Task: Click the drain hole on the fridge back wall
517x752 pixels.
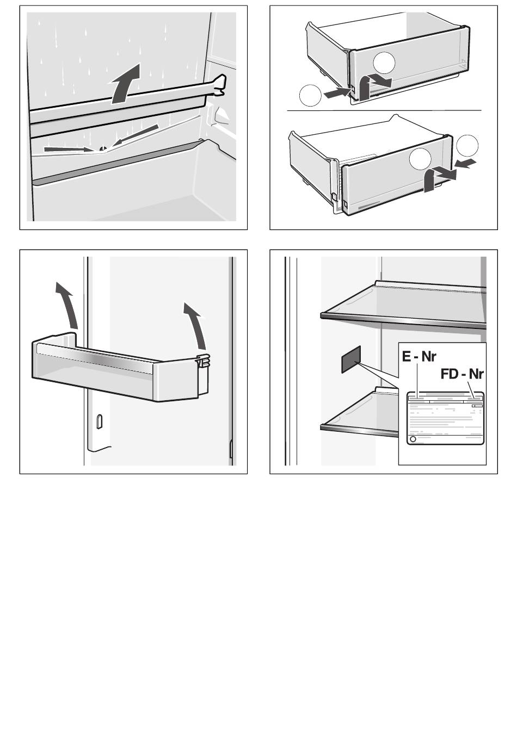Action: tap(103, 148)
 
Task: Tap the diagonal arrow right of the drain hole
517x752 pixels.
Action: tap(135, 135)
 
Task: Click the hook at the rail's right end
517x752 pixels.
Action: tap(219, 85)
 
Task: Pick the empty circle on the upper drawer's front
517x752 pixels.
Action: tap(384, 63)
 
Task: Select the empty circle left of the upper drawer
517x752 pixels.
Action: tap(310, 96)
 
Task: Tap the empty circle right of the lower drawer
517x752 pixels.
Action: tap(467, 146)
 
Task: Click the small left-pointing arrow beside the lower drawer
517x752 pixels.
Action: tap(465, 164)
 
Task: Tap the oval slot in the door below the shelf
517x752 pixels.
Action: tap(99, 422)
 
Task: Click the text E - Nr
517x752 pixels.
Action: tap(419, 357)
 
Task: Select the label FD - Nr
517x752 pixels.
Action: tap(462, 374)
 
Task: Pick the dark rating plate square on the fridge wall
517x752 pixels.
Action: tap(351, 359)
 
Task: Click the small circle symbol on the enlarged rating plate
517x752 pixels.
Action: tap(413, 439)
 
